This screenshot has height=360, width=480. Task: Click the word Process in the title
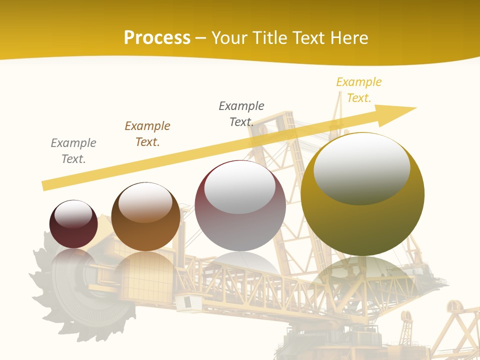tap(157, 38)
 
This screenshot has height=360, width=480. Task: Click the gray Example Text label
tap(73, 151)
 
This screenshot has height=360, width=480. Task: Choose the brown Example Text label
tap(147, 134)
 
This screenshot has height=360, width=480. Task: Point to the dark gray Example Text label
tap(241, 114)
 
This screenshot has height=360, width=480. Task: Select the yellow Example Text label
tap(358, 90)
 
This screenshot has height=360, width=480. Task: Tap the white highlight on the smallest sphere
tap(73, 214)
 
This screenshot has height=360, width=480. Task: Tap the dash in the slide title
tap(201, 38)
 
